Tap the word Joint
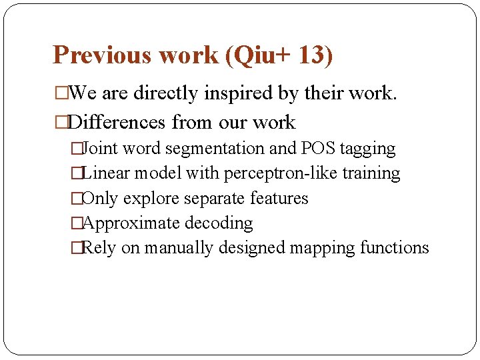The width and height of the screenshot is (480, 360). (101, 149)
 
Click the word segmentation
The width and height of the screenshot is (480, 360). (213, 149)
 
